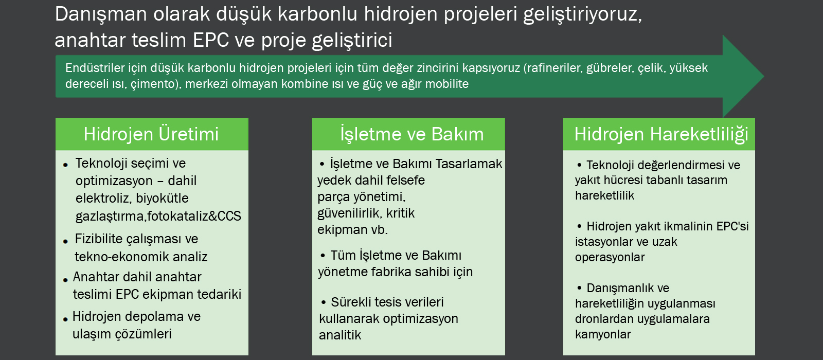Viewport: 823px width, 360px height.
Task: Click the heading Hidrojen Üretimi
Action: (x=151, y=134)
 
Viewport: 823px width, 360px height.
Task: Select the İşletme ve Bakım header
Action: (x=412, y=134)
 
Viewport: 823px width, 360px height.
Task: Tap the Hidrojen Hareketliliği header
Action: (x=661, y=135)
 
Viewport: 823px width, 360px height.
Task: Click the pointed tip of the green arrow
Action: (x=764, y=77)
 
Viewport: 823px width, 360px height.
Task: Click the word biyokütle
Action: (x=162, y=199)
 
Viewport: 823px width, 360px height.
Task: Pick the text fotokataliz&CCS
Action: (x=194, y=216)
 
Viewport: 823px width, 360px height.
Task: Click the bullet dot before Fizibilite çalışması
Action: (x=65, y=241)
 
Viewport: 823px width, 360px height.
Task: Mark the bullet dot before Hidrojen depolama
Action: (x=65, y=319)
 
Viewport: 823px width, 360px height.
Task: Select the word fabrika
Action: (x=393, y=272)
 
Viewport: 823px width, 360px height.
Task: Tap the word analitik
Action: (x=340, y=335)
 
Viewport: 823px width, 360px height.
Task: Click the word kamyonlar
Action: (x=603, y=334)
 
